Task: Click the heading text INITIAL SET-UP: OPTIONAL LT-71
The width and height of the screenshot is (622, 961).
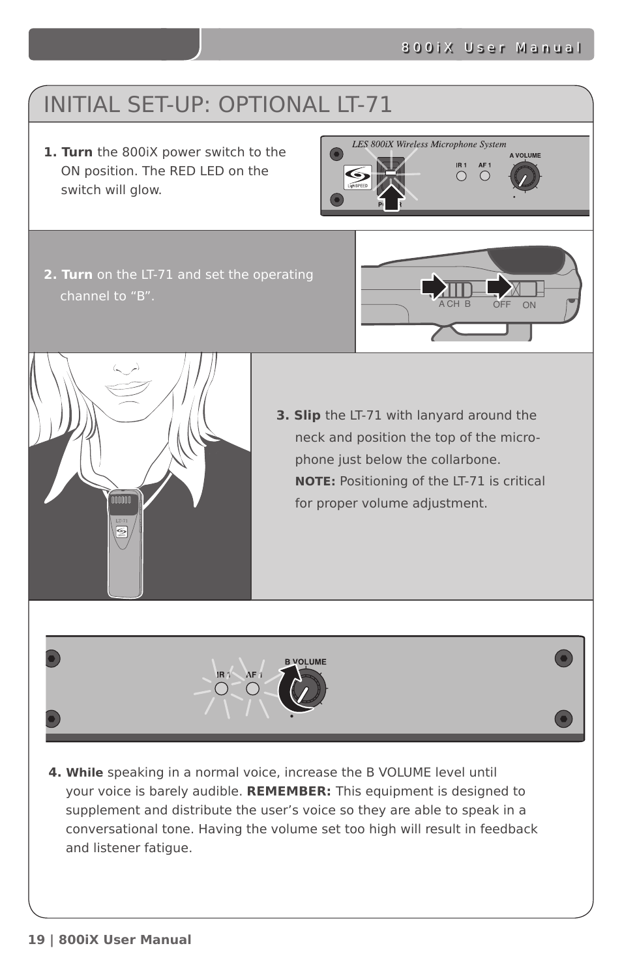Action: [x=218, y=105]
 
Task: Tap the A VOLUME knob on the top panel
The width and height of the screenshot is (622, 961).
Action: [x=524, y=177]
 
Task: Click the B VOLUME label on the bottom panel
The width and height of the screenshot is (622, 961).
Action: [x=305, y=662]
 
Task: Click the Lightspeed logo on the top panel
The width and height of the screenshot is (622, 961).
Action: [x=357, y=177]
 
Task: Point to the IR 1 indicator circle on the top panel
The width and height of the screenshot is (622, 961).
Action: [x=462, y=176]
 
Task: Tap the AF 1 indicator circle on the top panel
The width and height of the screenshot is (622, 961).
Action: [x=484, y=175]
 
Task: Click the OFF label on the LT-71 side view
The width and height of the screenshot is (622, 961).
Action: [x=501, y=304]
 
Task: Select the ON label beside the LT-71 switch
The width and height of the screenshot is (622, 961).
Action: [x=529, y=305]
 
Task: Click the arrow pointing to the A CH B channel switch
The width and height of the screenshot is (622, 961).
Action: [x=434, y=287]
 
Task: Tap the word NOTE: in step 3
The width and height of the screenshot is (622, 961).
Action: [x=315, y=481]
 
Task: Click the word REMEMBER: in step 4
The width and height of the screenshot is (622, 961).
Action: [x=288, y=792]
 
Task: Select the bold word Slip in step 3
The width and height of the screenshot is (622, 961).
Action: [x=306, y=416]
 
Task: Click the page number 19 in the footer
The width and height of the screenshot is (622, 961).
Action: [x=37, y=939]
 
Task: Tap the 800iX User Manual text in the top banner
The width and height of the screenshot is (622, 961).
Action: [x=490, y=48]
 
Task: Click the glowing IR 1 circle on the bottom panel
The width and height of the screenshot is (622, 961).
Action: [x=222, y=689]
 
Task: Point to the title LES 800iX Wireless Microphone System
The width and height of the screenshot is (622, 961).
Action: [x=428, y=145]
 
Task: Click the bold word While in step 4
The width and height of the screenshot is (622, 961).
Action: [x=84, y=773]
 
